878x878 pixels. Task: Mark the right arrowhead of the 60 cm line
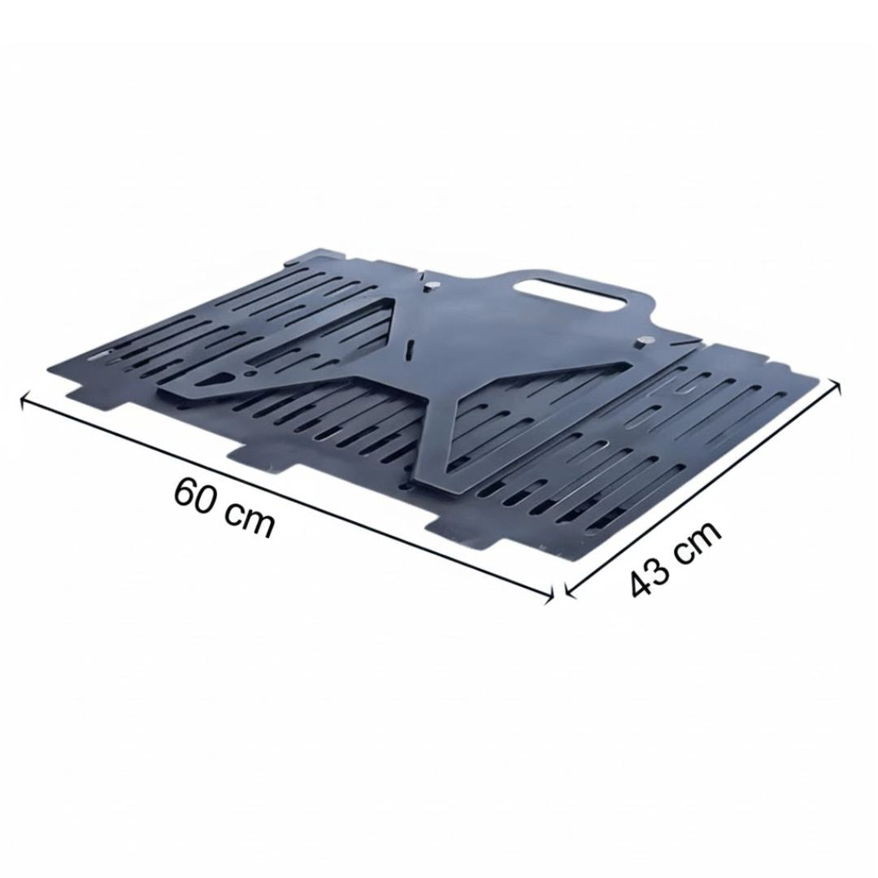[x=549, y=595]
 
